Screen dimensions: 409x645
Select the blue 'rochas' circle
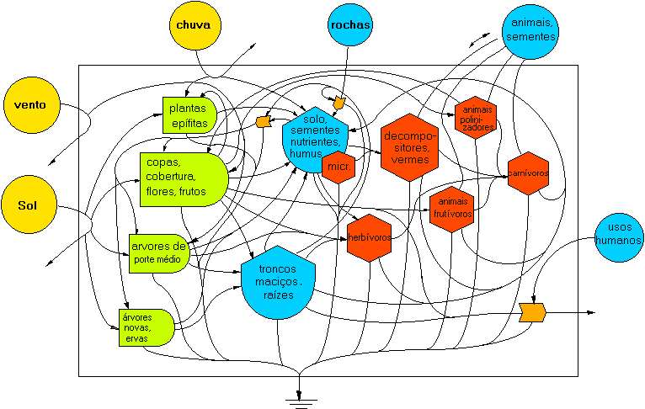coord(350,25)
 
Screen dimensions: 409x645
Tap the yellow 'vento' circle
coord(30,105)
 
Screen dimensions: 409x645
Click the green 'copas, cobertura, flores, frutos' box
coord(182,177)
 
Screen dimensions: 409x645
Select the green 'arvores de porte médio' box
coord(157,252)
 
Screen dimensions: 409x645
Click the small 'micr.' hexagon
coord(338,167)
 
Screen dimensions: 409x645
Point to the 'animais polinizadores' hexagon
coord(476,117)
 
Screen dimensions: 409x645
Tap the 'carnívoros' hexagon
coord(528,173)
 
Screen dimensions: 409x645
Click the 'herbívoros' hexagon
coord(369,237)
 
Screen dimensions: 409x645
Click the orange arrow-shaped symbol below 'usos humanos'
coord(532,311)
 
